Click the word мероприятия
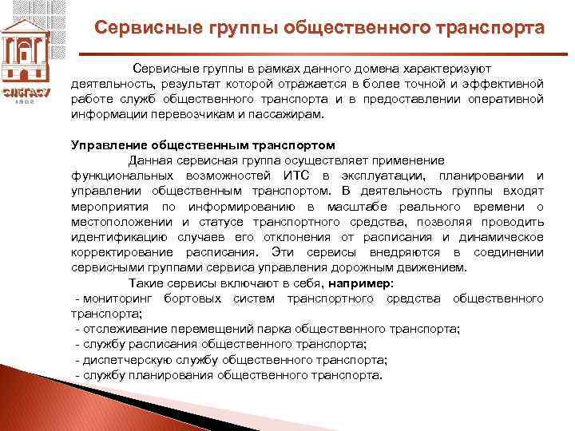pos(109,207)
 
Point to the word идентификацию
pos(120,237)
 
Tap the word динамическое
pos(503,237)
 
